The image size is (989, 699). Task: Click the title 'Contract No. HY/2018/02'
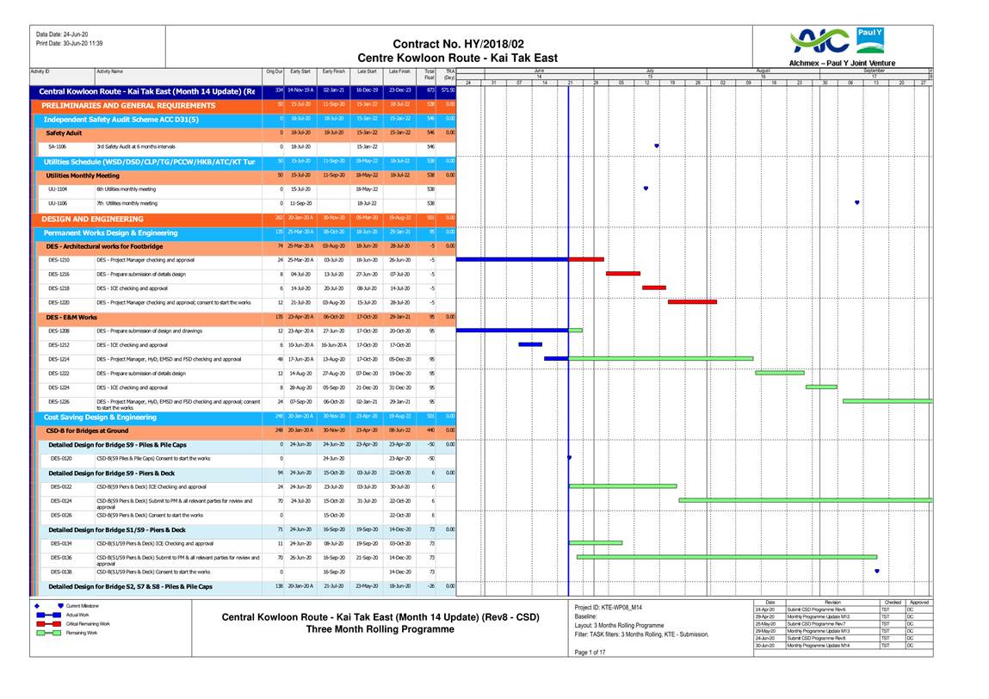point(458,44)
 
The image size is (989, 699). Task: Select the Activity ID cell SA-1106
point(58,147)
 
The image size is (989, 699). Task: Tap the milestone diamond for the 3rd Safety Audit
point(657,146)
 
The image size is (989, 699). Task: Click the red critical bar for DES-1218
point(654,288)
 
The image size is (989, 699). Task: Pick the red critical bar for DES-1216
point(623,274)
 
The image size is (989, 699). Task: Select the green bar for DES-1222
point(780,373)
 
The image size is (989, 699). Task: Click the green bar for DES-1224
point(821,387)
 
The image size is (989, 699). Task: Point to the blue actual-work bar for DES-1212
point(530,344)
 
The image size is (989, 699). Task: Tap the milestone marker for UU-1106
point(857,202)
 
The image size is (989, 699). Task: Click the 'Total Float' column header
point(430,75)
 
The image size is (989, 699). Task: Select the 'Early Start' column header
point(300,72)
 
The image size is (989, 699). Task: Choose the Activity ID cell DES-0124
point(61,501)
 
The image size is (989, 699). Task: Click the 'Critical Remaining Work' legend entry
point(88,623)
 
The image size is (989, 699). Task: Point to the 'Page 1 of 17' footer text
point(590,652)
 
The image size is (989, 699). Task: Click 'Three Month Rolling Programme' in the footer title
point(380,629)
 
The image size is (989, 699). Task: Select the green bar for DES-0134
point(596,542)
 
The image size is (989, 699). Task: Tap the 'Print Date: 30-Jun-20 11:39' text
point(70,43)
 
